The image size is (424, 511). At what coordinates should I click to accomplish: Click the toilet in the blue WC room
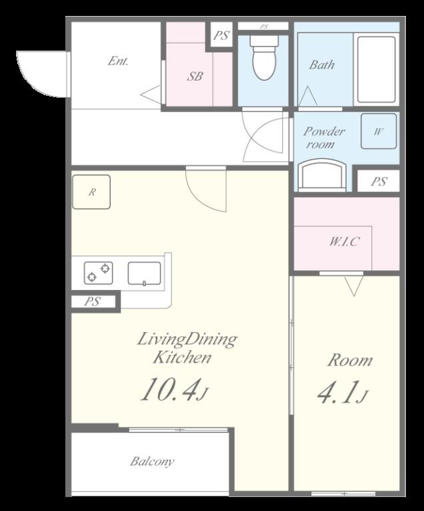pyautogui.click(x=264, y=57)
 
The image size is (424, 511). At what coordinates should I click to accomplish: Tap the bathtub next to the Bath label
pyautogui.click(x=376, y=69)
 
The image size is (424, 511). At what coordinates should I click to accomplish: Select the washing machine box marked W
pyautogui.click(x=379, y=131)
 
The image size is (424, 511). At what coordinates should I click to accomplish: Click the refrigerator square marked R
pyautogui.click(x=91, y=192)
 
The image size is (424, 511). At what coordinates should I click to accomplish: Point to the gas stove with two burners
pyautogui.click(x=99, y=273)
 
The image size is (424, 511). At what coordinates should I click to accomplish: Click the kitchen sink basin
pyautogui.click(x=145, y=273)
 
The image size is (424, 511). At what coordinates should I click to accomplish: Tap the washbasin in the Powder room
pyautogui.click(x=322, y=175)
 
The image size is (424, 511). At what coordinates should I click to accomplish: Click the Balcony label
pyautogui.click(x=152, y=462)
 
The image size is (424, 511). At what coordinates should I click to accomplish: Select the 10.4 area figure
pyautogui.click(x=174, y=389)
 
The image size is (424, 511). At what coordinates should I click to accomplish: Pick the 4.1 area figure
pyautogui.click(x=343, y=392)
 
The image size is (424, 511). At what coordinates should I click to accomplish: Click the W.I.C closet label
pyautogui.click(x=344, y=242)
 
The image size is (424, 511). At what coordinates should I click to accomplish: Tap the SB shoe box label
pyautogui.click(x=195, y=77)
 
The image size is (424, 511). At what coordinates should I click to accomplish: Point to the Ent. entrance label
pyautogui.click(x=118, y=61)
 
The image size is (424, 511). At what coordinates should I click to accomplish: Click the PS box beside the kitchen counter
pyautogui.click(x=93, y=301)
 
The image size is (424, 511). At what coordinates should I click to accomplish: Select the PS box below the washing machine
pyautogui.click(x=379, y=181)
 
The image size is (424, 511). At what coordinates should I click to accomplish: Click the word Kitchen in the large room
pyautogui.click(x=182, y=357)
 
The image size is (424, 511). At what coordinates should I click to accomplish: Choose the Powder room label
pyautogui.click(x=324, y=138)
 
